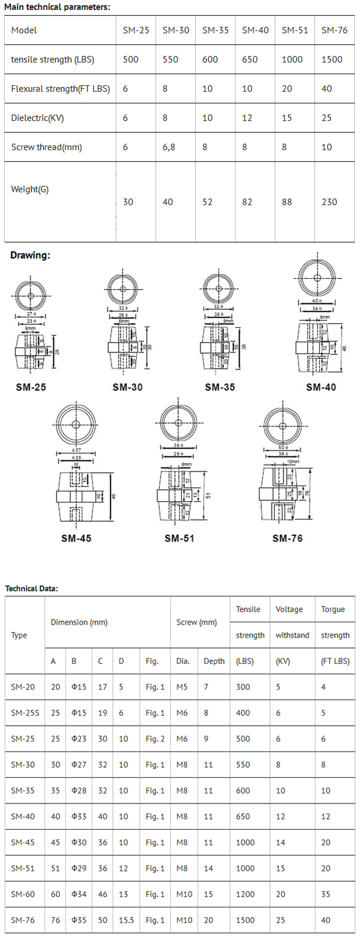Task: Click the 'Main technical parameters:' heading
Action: (x=57, y=7)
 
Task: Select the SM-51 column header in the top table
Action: (x=295, y=30)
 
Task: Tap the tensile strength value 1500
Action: (x=332, y=59)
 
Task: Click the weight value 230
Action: (x=329, y=202)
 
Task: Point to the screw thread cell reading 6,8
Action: (x=169, y=147)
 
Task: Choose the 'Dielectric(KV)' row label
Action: (x=37, y=118)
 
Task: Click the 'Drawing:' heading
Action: (x=30, y=255)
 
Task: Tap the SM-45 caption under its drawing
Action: (x=76, y=538)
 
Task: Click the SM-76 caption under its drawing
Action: (x=287, y=538)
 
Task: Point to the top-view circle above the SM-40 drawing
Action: (x=317, y=278)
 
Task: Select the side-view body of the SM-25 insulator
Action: (x=30, y=351)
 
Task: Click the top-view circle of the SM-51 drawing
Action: (x=179, y=423)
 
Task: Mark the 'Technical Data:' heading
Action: (x=31, y=589)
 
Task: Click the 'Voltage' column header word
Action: (x=289, y=609)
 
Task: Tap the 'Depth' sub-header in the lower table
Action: (x=214, y=661)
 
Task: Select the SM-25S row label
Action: (x=25, y=713)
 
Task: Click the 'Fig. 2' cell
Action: (x=155, y=739)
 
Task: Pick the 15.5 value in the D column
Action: (x=126, y=920)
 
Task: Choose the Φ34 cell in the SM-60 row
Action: (x=79, y=894)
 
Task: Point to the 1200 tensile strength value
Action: (x=245, y=894)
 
